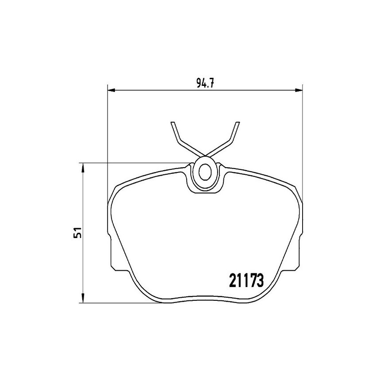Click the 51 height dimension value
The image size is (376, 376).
pos(78,233)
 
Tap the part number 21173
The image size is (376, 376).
pos(247,280)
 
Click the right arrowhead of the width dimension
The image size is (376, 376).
pos(299,90)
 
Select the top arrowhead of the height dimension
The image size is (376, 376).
pos(82,166)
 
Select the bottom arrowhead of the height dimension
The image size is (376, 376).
pos(82,299)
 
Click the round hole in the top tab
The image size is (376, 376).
pos(205,172)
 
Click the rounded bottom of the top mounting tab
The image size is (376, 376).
pos(205,191)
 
